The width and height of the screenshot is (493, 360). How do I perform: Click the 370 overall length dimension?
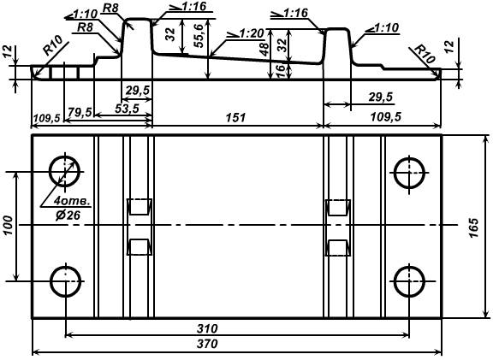[207, 344]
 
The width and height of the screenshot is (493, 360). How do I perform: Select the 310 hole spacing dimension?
[207, 328]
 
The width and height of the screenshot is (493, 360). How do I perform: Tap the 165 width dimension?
[473, 227]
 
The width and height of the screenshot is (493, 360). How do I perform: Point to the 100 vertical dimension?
[9, 226]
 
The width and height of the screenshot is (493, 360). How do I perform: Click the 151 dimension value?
[235, 117]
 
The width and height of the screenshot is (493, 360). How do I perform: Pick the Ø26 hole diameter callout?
[68, 215]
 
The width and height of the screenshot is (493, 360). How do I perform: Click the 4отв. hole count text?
[72, 201]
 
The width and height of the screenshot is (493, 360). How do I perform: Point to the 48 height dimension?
[264, 49]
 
